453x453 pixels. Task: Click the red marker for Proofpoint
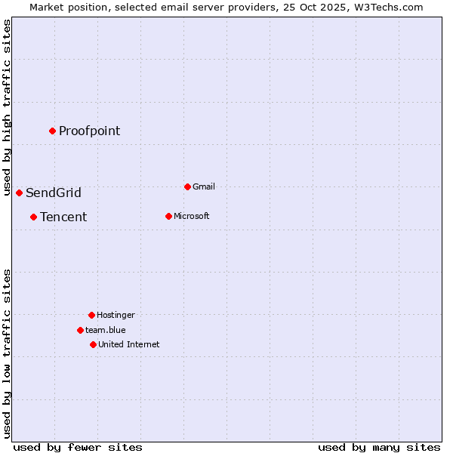pyautogui.click(x=52, y=131)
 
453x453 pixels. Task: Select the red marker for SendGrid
pyautogui.click(x=19, y=193)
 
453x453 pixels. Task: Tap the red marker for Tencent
pyautogui.click(x=33, y=217)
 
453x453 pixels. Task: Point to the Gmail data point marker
pyautogui.click(x=187, y=186)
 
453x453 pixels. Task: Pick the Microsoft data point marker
pyautogui.click(x=168, y=216)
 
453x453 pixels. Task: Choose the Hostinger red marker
pyautogui.click(x=91, y=315)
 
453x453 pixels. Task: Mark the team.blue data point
pyautogui.click(x=80, y=330)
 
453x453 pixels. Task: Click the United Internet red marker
pyautogui.click(x=93, y=344)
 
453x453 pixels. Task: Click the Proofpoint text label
pyautogui.click(x=89, y=131)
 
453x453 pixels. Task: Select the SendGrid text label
pyautogui.click(x=54, y=193)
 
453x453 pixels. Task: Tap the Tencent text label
pyautogui.click(x=63, y=217)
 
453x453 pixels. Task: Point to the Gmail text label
pyautogui.click(x=204, y=186)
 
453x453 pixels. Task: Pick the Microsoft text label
pyautogui.click(x=192, y=216)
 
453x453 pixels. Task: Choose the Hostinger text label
pyautogui.click(x=116, y=315)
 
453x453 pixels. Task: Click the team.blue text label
pyautogui.click(x=106, y=330)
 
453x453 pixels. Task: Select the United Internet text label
pyautogui.click(x=129, y=344)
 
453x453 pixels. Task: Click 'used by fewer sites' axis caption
pyautogui.click(x=78, y=447)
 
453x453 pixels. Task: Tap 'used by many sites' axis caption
pyautogui.click(x=379, y=447)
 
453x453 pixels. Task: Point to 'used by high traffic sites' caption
pyautogui.click(x=7, y=107)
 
